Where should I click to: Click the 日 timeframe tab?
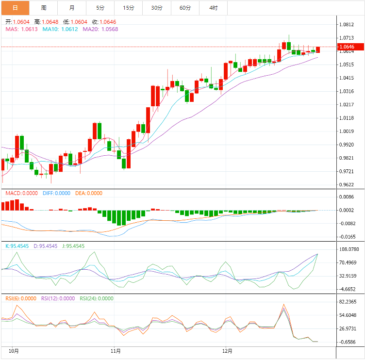15,8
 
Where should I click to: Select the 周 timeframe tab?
44,8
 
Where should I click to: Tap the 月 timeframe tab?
72,8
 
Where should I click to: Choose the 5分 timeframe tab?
100,8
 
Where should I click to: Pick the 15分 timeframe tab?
129,8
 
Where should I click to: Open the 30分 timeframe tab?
157,8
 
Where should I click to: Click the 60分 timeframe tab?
185,8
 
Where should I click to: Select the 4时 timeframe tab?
214,8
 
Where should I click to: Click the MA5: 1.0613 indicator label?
21,29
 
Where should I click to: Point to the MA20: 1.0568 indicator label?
100,29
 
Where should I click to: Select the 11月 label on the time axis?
116,350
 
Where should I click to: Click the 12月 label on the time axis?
227,350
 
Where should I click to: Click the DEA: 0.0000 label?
88,193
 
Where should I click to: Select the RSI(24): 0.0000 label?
97,298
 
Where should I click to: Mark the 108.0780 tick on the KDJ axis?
349,249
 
